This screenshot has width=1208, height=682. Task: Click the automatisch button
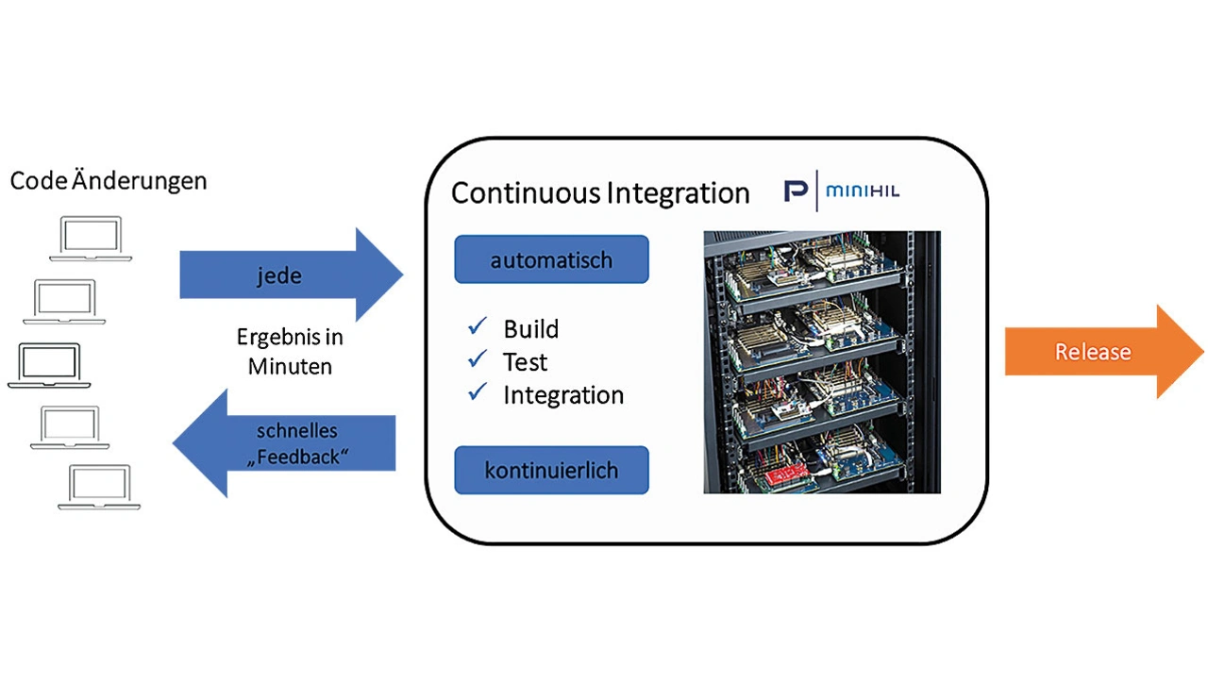551,259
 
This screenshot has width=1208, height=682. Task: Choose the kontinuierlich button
551,470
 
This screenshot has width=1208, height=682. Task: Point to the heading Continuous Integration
600,192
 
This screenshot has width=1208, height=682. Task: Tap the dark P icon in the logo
797,191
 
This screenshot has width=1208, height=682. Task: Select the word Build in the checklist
530,329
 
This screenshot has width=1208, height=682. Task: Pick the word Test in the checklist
525,362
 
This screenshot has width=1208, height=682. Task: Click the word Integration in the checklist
563,395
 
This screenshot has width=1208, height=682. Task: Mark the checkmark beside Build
478,327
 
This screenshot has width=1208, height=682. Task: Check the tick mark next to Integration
478,392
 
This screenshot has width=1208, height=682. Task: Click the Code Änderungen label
109,180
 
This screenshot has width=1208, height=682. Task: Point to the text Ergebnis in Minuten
290,352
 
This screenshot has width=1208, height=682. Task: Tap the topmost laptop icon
91,239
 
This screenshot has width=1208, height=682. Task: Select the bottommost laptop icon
98,488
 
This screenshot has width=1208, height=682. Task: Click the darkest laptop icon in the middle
49,365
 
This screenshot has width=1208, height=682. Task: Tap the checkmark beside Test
478,359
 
